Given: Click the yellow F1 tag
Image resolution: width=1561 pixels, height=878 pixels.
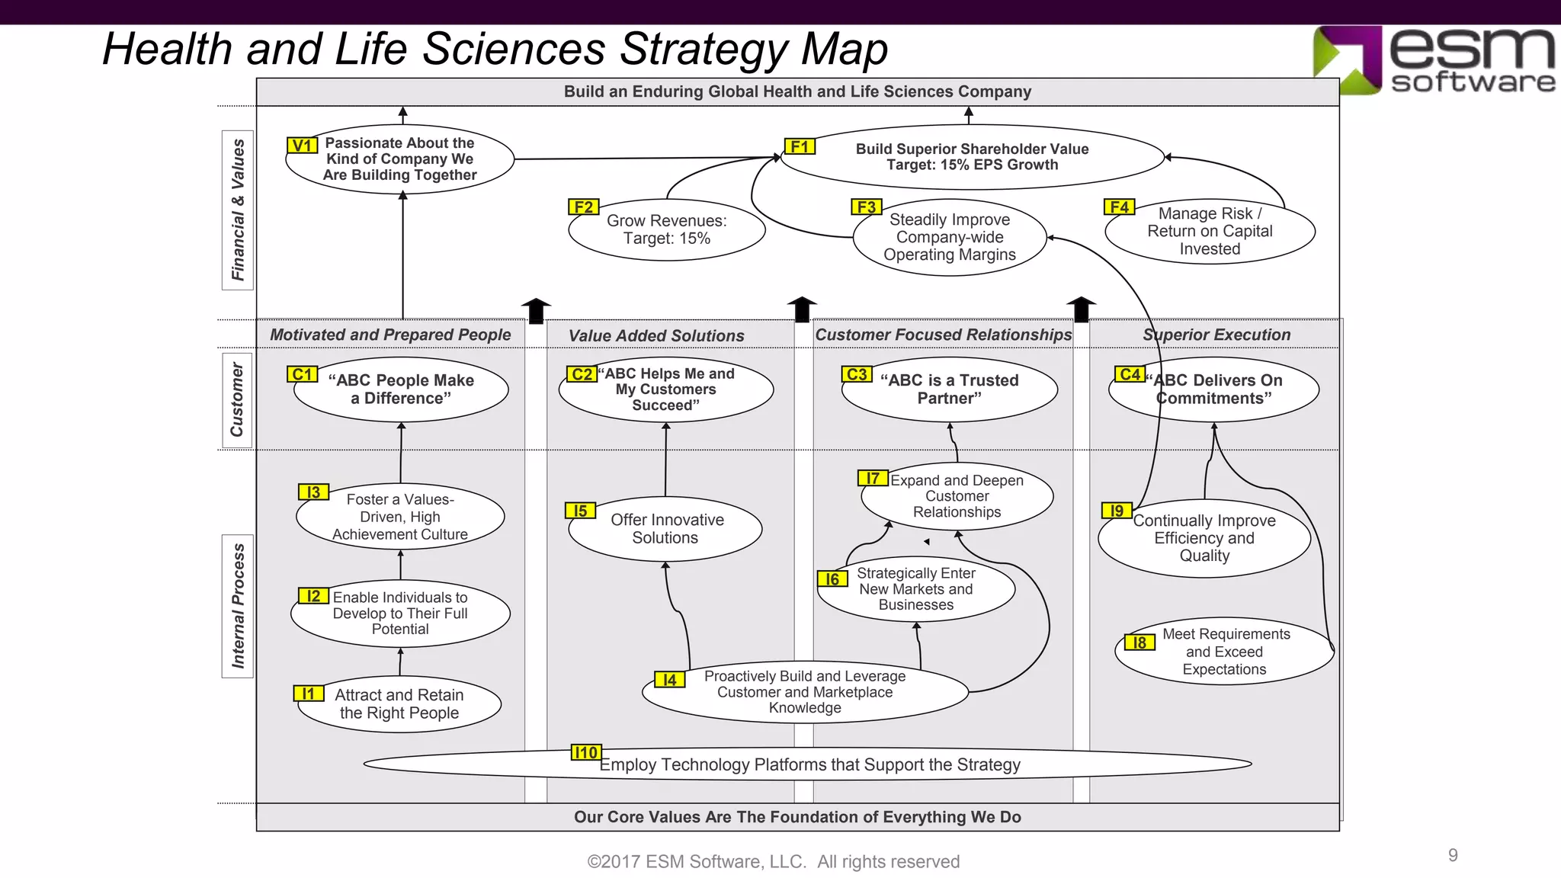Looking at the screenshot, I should click(800, 146).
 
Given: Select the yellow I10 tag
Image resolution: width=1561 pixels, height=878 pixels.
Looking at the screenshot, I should click(586, 752).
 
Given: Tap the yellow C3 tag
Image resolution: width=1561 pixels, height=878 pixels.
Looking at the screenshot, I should click(857, 374).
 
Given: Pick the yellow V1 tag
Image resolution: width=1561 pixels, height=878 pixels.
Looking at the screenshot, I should click(303, 146).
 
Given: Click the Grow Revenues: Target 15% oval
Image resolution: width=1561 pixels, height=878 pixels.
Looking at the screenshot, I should click(666, 230).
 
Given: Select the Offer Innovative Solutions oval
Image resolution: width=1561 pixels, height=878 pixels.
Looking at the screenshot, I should click(665, 529).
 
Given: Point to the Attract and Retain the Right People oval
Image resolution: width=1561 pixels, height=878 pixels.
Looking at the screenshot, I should click(399, 704).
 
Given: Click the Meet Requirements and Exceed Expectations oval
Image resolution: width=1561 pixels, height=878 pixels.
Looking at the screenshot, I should click(1225, 652).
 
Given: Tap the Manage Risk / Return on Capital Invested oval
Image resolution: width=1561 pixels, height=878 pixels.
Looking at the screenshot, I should click(1210, 231).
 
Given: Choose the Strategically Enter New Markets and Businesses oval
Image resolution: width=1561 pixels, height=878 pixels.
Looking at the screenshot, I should click(915, 589).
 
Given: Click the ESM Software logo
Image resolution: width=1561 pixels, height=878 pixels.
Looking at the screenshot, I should click(1433, 61).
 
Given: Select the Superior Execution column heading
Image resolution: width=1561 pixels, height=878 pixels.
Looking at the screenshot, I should click(1216, 335).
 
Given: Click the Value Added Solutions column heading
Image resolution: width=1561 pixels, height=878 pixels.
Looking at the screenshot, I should click(656, 335).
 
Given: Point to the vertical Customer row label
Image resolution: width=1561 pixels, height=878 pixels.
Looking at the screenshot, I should click(237, 399).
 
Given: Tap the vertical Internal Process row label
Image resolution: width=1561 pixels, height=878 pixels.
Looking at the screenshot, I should click(238, 606).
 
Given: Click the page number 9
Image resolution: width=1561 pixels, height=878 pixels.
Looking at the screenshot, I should click(1453, 855).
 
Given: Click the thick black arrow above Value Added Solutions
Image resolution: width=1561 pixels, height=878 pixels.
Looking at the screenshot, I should click(801, 309).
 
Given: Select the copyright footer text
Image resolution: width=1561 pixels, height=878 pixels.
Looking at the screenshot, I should click(773, 862).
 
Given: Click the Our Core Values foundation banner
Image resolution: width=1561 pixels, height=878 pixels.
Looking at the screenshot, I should click(797, 817).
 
